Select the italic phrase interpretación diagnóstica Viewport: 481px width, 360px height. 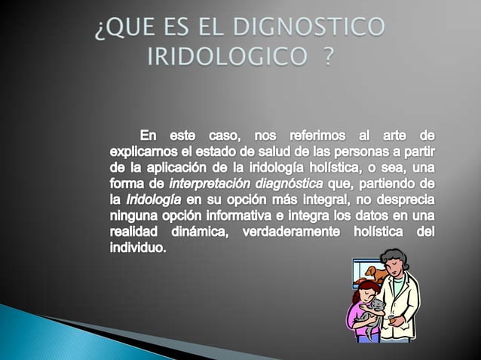[x=246, y=185]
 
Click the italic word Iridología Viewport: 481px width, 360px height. [x=153, y=200]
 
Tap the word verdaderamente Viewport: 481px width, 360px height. [x=294, y=233]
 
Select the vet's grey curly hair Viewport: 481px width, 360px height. [x=395, y=258]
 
